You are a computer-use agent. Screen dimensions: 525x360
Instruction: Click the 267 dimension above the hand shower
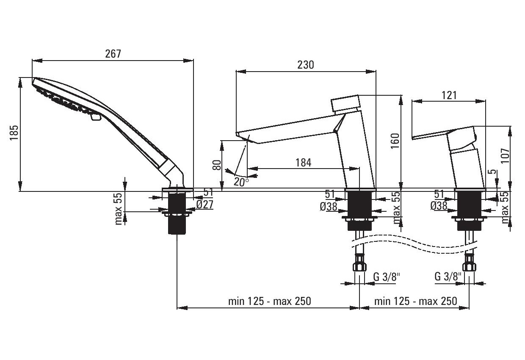(x=113, y=54)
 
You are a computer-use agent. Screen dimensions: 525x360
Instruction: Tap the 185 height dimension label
(x=14, y=133)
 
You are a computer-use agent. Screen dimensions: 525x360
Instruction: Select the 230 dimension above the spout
(x=306, y=65)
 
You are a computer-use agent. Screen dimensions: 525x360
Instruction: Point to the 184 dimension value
(x=303, y=163)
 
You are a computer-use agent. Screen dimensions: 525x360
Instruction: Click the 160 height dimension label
(x=395, y=141)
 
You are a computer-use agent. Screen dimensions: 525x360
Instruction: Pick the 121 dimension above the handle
(x=449, y=95)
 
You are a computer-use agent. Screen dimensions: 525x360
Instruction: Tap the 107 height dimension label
(x=506, y=156)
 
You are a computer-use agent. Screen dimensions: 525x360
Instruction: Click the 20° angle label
(x=241, y=182)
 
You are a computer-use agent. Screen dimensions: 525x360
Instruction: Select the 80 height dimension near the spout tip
(x=217, y=165)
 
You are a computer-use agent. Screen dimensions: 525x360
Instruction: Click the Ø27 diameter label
(x=205, y=205)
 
